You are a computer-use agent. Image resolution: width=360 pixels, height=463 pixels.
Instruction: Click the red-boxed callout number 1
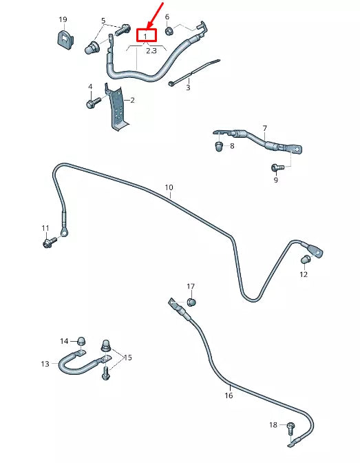coord(145,37)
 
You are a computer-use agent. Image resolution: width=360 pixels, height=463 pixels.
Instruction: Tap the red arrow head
coord(150,25)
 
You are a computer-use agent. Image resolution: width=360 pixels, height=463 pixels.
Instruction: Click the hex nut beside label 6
coord(169,30)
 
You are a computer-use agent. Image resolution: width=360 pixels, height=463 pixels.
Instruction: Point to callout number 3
coord(188,88)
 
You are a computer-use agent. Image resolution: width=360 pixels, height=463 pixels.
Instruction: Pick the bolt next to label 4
coord(94,102)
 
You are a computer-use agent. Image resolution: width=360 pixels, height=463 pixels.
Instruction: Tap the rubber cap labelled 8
coord(219,146)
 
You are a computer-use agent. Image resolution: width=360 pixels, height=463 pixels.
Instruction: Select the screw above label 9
coord(277,167)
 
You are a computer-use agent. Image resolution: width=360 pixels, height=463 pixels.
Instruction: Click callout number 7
coord(265,128)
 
